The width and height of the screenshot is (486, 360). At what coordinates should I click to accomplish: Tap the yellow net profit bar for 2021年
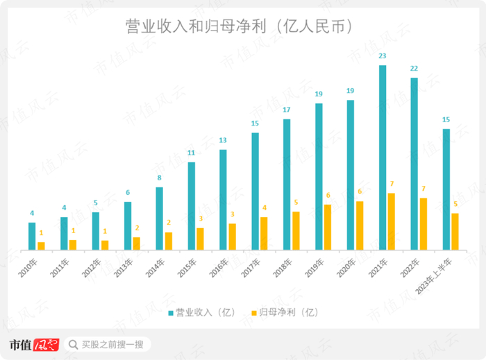[392, 221]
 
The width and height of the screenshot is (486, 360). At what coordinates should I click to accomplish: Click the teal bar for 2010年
[32, 236]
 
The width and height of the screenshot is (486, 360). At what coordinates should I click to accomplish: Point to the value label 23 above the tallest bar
[383, 55]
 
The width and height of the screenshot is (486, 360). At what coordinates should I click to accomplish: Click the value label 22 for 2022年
[414, 68]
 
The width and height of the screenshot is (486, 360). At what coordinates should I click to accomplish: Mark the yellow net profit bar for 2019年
[328, 227]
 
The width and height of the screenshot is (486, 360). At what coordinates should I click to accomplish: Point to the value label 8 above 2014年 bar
[159, 178]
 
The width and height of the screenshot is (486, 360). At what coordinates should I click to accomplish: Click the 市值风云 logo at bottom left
[34, 344]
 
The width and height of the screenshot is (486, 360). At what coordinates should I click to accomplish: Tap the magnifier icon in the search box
[73, 344]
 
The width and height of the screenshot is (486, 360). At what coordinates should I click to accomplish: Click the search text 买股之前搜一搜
[112, 344]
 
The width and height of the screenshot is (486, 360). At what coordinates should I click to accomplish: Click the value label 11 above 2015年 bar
[191, 153]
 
